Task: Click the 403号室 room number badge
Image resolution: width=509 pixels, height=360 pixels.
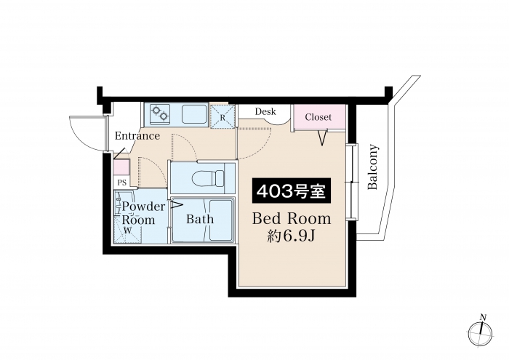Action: click(x=292, y=191)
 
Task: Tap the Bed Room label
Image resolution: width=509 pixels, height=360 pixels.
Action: click(x=292, y=219)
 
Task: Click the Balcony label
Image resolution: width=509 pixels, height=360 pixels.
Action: click(x=373, y=167)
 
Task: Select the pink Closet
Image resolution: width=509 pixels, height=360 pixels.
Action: click(x=318, y=117)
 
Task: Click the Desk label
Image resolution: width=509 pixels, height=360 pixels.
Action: click(x=265, y=112)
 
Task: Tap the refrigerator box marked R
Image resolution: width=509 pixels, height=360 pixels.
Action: click(x=223, y=116)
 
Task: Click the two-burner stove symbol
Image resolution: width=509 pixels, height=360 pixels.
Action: click(x=160, y=113)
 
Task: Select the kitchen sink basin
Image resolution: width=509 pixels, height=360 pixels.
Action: click(x=194, y=114)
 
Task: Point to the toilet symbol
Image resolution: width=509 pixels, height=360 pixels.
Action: click(x=208, y=178)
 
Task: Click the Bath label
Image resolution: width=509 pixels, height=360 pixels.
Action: click(x=200, y=219)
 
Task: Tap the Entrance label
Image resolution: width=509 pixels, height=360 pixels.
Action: click(x=137, y=136)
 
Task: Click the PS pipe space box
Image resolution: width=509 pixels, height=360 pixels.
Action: click(x=121, y=183)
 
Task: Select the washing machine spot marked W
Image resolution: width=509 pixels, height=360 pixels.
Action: click(x=127, y=231)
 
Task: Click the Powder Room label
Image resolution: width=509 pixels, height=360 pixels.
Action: click(x=143, y=213)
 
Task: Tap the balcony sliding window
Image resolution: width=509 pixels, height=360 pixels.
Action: click(x=351, y=182)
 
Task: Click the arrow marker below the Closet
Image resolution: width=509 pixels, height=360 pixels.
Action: click(x=322, y=137)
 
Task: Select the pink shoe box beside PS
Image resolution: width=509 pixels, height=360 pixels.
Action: click(x=121, y=168)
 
